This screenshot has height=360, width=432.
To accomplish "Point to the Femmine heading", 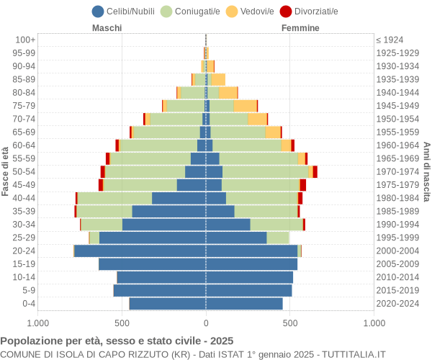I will click(x=300, y=28).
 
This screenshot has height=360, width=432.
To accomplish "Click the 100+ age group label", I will click(x=25, y=40).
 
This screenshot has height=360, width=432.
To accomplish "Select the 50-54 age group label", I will click(x=24, y=171).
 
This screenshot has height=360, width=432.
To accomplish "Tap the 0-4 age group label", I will click(x=29, y=304).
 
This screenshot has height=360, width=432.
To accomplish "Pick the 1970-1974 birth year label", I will click(x=397, y=171).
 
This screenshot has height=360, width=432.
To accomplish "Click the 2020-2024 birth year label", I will click(x=397, y=304).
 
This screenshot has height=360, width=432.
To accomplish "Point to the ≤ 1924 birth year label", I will click(x=390, y=40).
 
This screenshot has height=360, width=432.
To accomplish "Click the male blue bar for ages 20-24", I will click(x=140, y=251).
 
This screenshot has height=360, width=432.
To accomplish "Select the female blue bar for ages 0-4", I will click(x=244, y=304).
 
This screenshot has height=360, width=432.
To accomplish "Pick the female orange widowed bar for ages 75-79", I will click(x=245, y=106).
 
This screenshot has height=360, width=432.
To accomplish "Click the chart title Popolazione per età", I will click(x=117, y=341).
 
